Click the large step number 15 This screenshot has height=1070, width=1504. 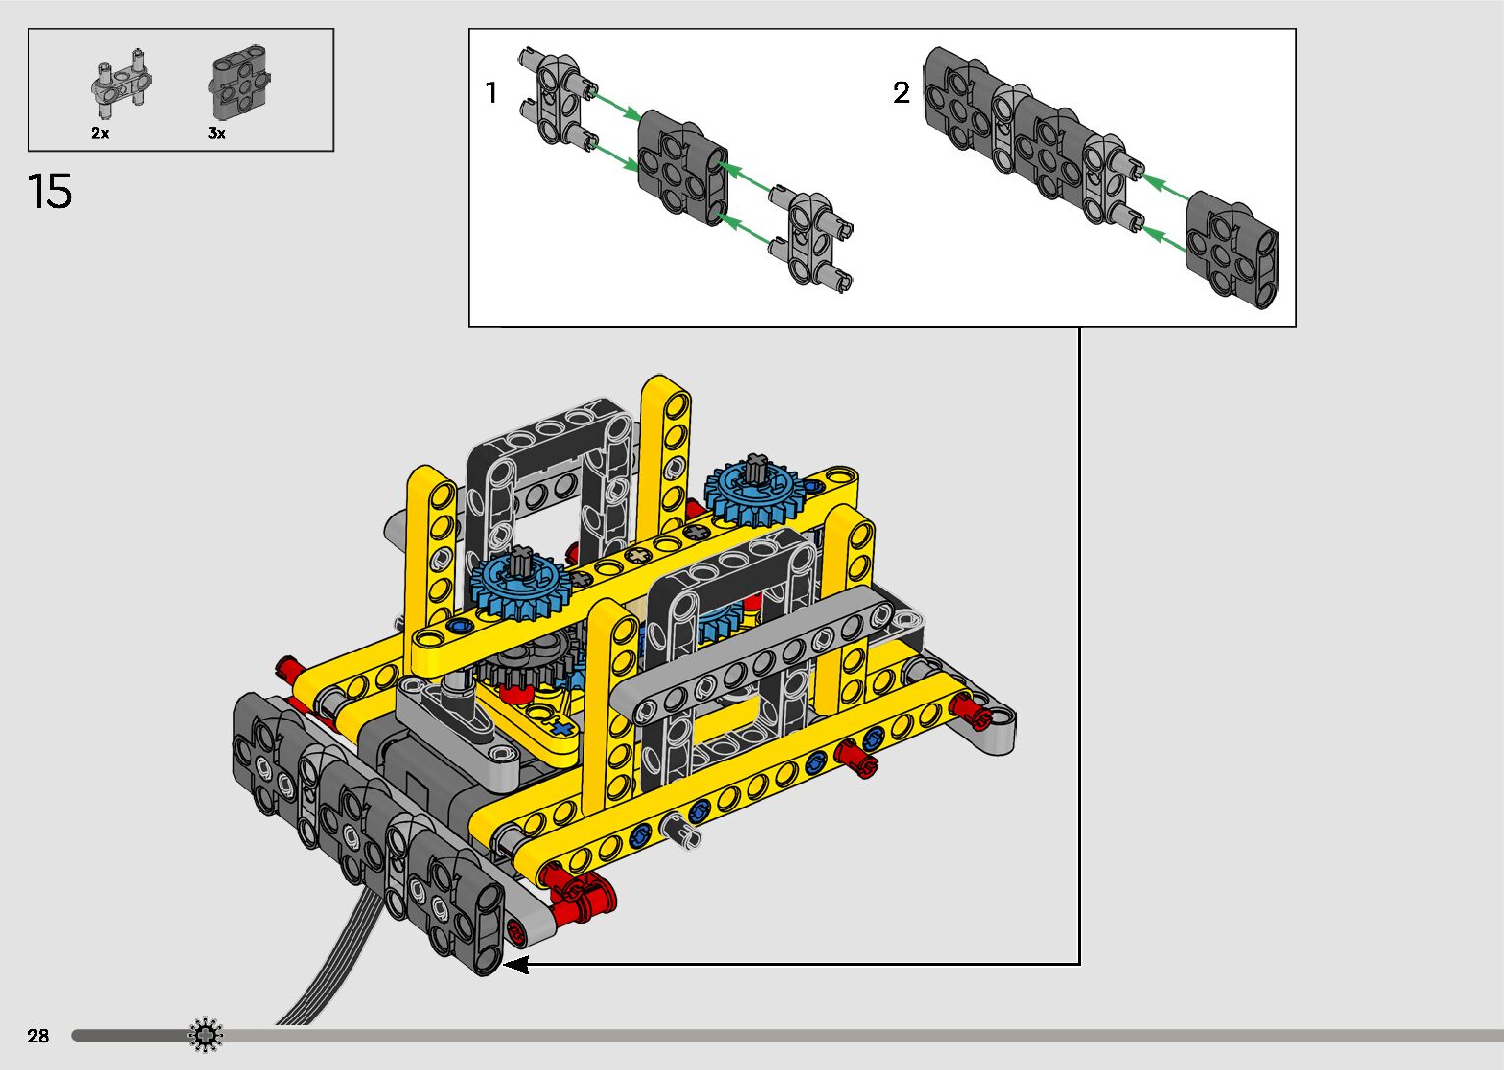tap(50, 192)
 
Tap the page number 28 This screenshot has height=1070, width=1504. tap(39, 1036)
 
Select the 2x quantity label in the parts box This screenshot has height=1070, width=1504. tap(101, 133)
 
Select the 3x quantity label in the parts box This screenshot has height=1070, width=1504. tap(217, 133)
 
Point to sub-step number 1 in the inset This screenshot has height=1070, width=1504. tap(491, 92)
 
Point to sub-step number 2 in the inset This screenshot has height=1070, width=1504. tap(901, 92)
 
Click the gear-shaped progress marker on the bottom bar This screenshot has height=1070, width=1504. tap(204, 1035)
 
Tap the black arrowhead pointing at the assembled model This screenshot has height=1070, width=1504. tap(516, 965)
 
